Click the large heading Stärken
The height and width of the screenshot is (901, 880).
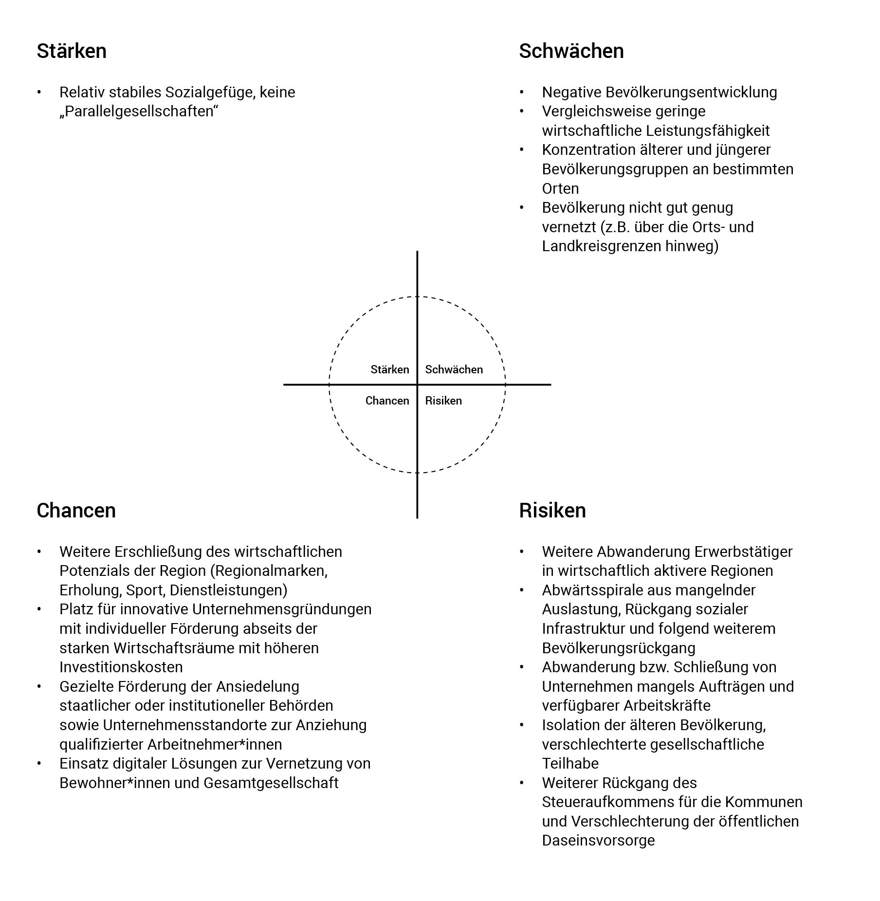72,51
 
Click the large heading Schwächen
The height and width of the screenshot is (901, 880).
571,51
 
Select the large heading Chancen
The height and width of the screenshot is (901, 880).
76,511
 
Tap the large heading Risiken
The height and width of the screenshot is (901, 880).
552,511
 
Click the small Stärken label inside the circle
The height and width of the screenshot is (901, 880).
389,369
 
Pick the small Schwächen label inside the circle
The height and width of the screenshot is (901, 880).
454,369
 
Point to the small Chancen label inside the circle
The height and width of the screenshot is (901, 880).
387,401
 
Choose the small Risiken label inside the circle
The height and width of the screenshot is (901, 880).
443,401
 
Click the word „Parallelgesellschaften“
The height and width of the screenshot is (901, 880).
139,111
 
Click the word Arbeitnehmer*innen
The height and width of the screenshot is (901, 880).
215,744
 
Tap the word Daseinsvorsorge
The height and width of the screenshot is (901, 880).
598,841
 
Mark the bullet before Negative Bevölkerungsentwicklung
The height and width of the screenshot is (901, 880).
522,92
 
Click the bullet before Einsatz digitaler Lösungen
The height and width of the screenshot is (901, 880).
39,764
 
